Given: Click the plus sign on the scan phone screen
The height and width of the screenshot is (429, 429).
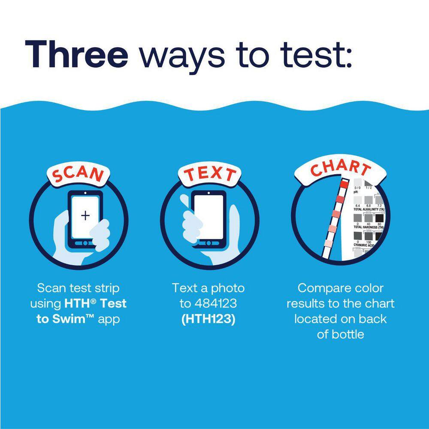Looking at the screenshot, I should click(85, 215).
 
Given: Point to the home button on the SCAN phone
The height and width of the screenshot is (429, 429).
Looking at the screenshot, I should click(85, 243).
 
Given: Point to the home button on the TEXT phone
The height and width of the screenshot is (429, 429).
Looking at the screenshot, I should click(208, 243).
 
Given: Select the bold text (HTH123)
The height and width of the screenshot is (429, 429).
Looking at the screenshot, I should click(208, 320).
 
